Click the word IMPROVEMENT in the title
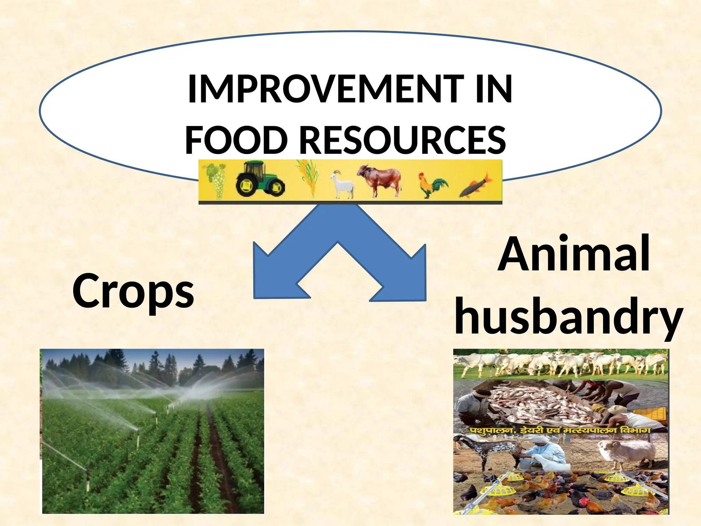click(x=325, y=89)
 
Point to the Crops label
click(x=133, y=291)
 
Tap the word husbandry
click(x=568, y=317)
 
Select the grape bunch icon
click(x=216, y=180)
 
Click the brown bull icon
click(x=380, y=180)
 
